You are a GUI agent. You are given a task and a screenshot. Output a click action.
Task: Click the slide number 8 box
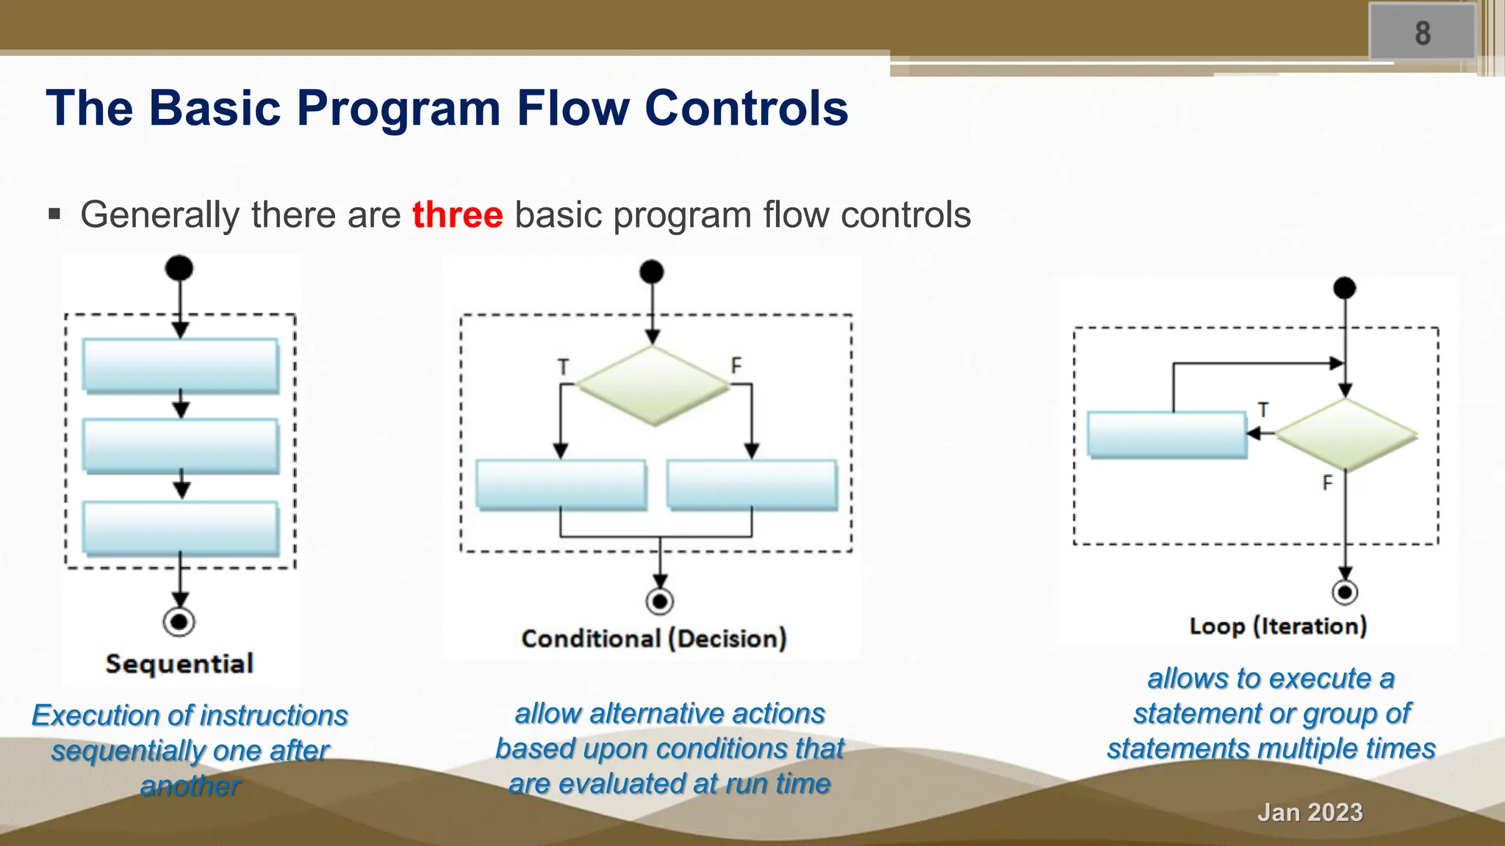pyautogui.click(x=1422, y=32)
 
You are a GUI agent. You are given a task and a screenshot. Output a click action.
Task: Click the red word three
pyautogui.click(x=457, y=215)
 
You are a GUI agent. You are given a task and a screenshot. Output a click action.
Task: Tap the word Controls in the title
pyautogui.click(x=746, y=109)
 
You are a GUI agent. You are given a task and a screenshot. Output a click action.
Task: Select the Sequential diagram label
pyautogui.click(x=179, y=664)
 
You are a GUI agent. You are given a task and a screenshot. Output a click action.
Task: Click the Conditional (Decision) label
pyautogui.click(x=653, y=638)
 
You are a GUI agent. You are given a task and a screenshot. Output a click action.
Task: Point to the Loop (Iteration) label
pyautogui.click(x=1278, y=626)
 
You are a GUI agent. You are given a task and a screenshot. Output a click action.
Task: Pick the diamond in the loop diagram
pyautogui.click(x=1345, y=435)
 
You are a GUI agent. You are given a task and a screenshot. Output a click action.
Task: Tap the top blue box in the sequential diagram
pyautogui.click(x=180, y=365)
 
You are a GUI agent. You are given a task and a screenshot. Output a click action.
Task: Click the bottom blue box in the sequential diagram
pyautogui.click(x=180, y=527)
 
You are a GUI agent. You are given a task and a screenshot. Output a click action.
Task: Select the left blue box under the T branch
pyautogui.click(x=561, y=484)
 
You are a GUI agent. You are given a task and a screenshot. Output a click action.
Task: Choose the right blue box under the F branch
pyautogui.click(x=751, y=484)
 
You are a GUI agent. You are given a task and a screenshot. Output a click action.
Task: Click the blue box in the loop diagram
pyautogui.click(x=1167, y=435)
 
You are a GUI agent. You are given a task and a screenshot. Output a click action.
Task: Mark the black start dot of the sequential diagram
pyautogui.click(x=179, y=268)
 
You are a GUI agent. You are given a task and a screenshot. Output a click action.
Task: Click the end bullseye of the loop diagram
pyautogui.click(x=1345, y=592)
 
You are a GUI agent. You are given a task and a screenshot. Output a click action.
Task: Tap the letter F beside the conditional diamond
pyautogui.click(x=736, y=365)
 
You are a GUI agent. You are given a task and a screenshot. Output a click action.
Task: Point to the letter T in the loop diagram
pyautogui.click(x=1262, y=410)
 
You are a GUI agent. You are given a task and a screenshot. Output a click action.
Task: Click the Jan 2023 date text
pyautogui.click(x=1310, y=812)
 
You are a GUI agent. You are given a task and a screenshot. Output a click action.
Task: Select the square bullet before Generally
pyautogui.click(x=54, y=215)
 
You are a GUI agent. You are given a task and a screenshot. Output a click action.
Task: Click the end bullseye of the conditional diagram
pyautogui.click(x=660, y=601)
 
